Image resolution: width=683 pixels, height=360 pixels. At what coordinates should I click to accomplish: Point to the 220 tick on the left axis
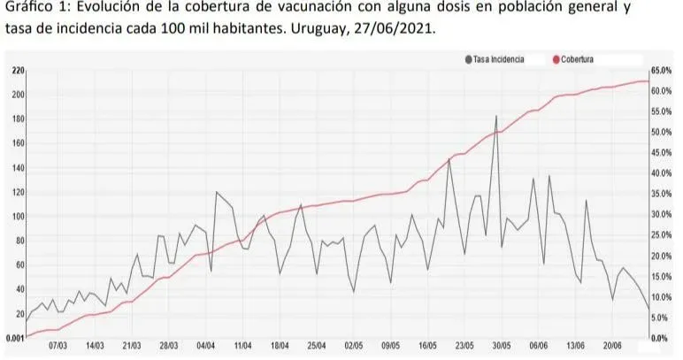[18, 70]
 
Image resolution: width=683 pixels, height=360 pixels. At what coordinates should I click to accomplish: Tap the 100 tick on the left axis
[18, 217]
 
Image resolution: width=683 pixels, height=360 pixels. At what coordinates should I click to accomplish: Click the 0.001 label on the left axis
[12, 338]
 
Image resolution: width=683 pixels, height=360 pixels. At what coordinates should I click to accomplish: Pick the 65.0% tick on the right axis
[663, 70]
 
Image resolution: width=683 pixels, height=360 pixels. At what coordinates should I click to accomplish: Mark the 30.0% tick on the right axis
[663, 215]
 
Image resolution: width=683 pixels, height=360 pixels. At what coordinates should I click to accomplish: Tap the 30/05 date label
[502, 349]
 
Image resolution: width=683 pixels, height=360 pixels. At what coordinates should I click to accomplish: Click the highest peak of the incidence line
[496, 116]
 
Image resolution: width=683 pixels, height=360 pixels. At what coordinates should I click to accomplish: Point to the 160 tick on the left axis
[18, 143]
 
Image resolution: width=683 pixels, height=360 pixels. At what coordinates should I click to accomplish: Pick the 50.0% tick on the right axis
[663, 133]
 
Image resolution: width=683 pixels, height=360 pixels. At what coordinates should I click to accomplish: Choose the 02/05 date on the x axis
[353, 349]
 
